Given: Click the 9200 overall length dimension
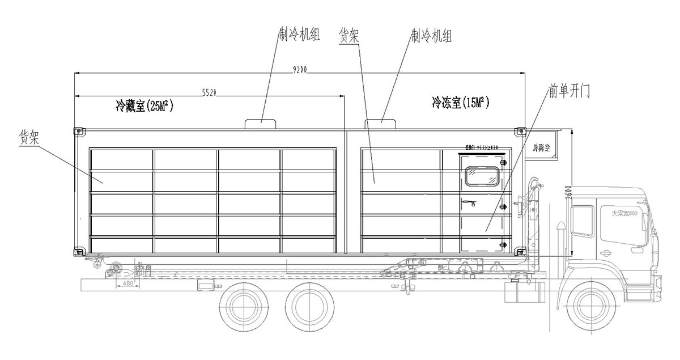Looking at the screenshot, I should pyautogui.click(x=300, y=70).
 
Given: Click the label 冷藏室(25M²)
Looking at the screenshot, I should pyautogui.click(x=144, y=105).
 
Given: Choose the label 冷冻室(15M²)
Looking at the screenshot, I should pyautogui.click(x=460, y=102).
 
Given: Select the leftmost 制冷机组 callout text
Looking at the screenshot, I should pyautogui.click(x=299, y=35).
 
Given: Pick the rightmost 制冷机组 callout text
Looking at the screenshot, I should pyautogui.click(x=431, y=37).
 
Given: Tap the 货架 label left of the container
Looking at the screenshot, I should pyautogui.click(x=29, y=137).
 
